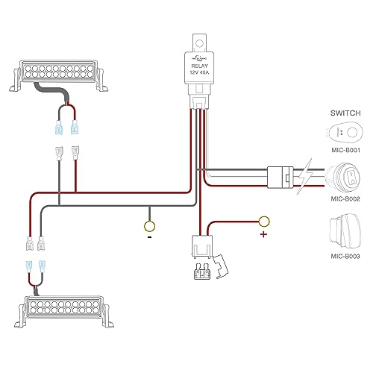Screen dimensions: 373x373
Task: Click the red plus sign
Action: (x=263, y=233)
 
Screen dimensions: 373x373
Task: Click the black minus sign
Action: (x=149, y=238)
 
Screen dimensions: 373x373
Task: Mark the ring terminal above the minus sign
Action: (x=149, y=225)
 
